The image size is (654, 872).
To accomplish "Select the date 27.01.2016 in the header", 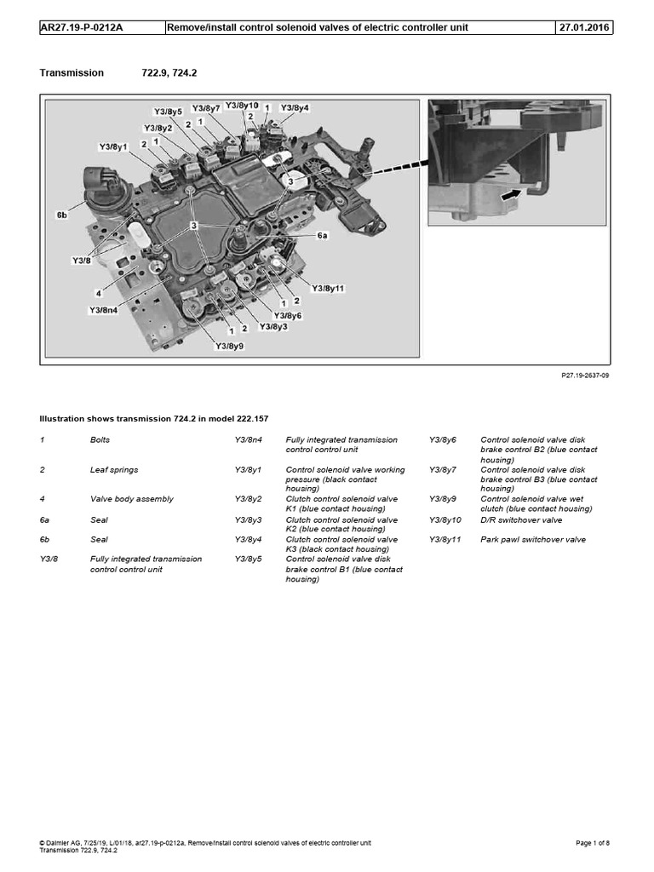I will pyautogui.click(x=583, y=27).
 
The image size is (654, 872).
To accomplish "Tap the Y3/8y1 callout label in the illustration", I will pyautogui.click(x=113, y=147).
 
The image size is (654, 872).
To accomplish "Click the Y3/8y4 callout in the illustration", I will pyautogui.click(x=295, y=108).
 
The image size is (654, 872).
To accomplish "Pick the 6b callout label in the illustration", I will pyautogui.click(x=62, y=216).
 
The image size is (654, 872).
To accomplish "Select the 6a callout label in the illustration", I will pyautogui.click(x=322, y=236).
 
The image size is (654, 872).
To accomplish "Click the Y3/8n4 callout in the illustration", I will pyautogui.click(x=104, y=310).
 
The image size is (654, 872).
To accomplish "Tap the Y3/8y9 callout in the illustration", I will pyautogui.click(x=229, y=346).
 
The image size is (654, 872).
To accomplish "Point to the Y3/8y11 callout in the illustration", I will pyautogui.click(x=328, y=289).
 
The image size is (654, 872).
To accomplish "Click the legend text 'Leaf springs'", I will pyautogui.click(x=114, y=469).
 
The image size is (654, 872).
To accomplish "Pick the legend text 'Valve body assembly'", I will pyautogui.click(x=131, y=499).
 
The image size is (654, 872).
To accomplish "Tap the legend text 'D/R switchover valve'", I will pyautogui.click(x=521, y=519).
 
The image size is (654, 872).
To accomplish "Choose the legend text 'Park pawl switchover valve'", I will pyautogui.click(x=533, y=539).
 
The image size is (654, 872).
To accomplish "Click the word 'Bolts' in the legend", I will pyautogui.click(x=100, y=440).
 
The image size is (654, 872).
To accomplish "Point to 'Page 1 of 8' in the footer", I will pyautogui.click(x=593, y=843).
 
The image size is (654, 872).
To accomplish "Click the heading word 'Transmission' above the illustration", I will pyautogui.click(x=72, y=73).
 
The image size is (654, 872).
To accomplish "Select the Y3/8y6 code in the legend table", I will pyautogui.click(x=443, y=440).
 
